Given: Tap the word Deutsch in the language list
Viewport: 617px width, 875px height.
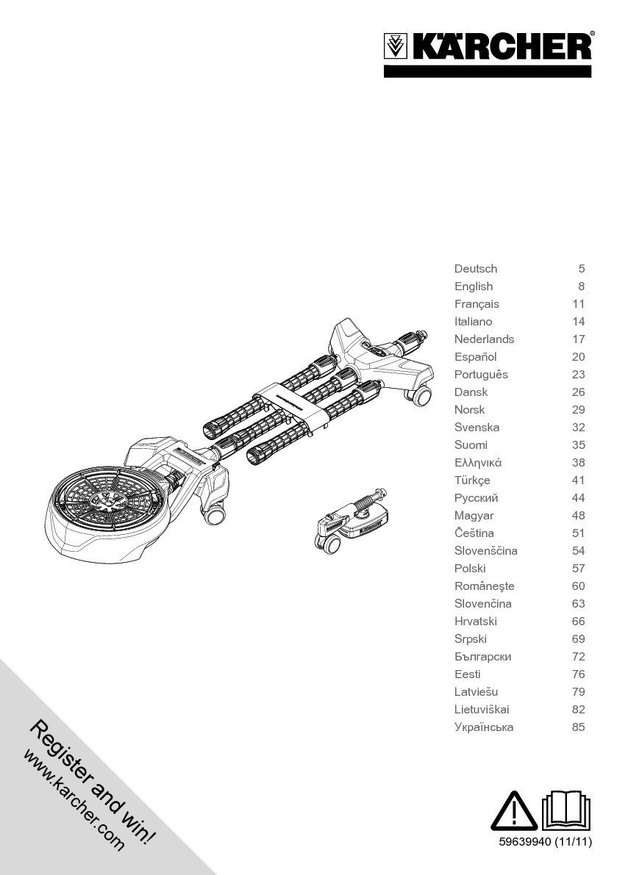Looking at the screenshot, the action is [x=475, y=268].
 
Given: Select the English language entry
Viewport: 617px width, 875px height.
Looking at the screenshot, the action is [x=474, y=287].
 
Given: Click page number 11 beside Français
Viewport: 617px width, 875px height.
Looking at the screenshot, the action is [x=579, y=304].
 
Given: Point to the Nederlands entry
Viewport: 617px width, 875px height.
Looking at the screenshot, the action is [x=484, y=339].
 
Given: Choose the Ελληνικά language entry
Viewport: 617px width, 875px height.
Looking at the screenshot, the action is [x=478, y=463].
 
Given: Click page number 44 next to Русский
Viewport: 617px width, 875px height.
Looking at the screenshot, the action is [x=579, y=498].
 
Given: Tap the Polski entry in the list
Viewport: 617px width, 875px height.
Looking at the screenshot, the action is [x=470, y=569].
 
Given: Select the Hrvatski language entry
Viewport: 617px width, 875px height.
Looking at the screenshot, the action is [x=475, y=621].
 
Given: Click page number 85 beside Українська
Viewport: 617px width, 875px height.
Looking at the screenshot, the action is [x=579, y=727].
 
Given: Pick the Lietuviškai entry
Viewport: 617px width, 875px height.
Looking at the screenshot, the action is [x=481, y=709].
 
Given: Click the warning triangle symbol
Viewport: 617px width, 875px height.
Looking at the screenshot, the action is [x=514, y=811].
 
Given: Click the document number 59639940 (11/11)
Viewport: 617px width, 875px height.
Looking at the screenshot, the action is [x=545, y=841].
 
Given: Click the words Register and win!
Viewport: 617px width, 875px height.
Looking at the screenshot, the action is [x=92, y=783].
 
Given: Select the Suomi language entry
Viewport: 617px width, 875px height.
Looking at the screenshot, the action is [x=471, y=445].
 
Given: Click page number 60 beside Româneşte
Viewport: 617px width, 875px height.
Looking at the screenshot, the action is [x=579, y=586].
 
